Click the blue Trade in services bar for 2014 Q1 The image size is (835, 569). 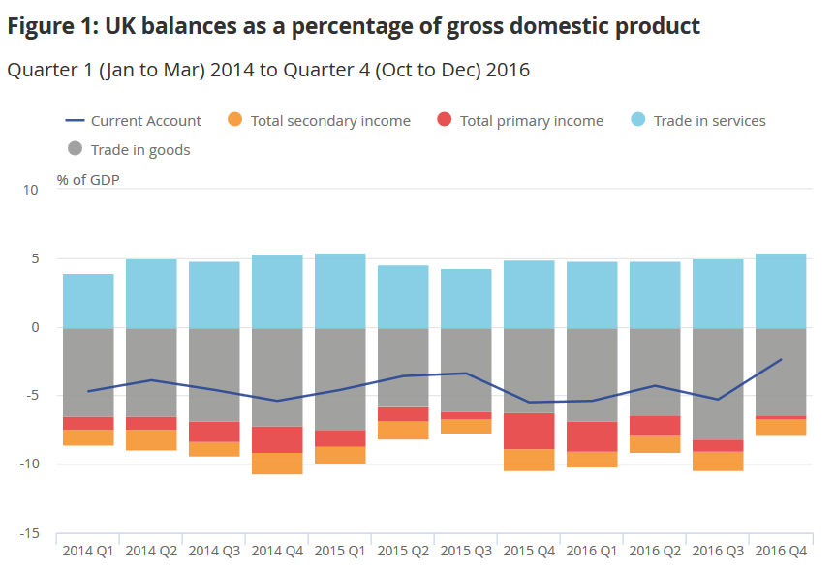[x=88, y=301]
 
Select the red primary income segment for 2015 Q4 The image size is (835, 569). [x=529, y=431]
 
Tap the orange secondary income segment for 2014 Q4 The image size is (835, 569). [x=277, y=464]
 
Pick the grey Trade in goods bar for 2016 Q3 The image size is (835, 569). [x=718, y=383]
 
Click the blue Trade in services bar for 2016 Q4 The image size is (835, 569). [x=781, y=290]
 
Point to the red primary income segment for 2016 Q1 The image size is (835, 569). [x=592, y=436]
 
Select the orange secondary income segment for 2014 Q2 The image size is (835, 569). [x=151, y=440]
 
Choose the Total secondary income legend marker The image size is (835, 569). [x=233, y=121]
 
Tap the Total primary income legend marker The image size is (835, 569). [x=444, y=121]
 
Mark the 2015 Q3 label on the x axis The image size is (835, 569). [x=466, y=551]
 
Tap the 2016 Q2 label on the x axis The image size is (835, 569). [x=655, y=551]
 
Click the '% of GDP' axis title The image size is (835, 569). [x=88, y=179]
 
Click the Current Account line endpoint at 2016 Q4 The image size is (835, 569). [x=781, y=360]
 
